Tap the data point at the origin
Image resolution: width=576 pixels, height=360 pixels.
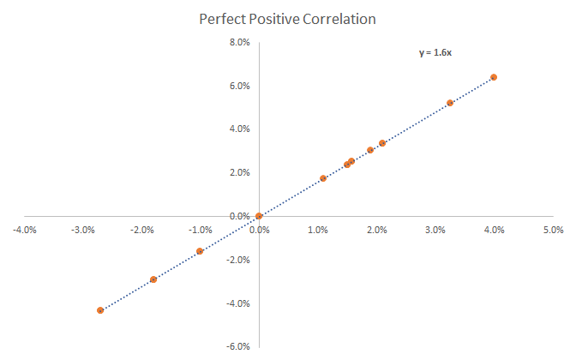pyautogui.click(x=259, y=216)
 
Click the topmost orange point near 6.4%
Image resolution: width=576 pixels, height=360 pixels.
pyautogui.click(x=494, y=77)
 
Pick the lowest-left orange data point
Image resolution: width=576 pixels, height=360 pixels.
pyautogui.click(x=100, y=310)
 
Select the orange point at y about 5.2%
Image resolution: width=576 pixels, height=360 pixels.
pyautogui.click(x=450, y=103)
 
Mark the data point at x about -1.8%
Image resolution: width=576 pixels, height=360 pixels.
pyautogui.click(x=153, y=279)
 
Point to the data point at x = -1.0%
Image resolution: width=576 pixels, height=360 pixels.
pyautogui.click(x=200, y=251)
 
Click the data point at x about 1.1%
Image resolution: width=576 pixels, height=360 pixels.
pyautogui.click(x=323, y=178)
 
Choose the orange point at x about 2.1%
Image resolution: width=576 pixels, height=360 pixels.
pyautogui.click(x=382, y=143)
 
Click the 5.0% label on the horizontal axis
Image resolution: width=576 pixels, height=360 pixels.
pyautogui.click(x=553, y=230)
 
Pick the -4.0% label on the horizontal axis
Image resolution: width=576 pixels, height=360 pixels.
pyautogui.click(x=24, y=230)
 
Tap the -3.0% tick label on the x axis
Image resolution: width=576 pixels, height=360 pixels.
pyautogui.click(x=82, y=230)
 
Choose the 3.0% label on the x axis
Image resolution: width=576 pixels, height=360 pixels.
pyautogui.click(x=435, y=230)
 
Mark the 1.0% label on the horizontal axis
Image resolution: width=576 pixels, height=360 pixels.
pyautogui.click(x=318, y=230)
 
